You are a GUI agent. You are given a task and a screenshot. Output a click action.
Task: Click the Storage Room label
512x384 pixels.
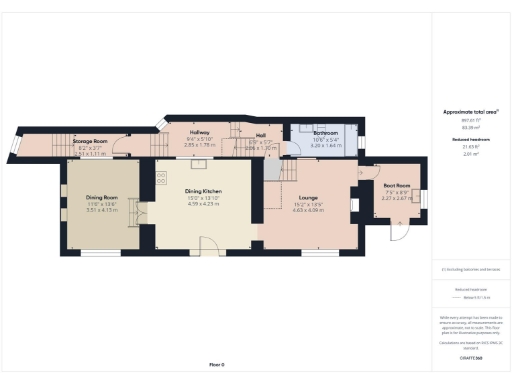89,143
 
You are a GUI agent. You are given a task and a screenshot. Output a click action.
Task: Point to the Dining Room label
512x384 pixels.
103,198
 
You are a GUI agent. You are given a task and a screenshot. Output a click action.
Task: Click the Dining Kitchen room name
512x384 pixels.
209,192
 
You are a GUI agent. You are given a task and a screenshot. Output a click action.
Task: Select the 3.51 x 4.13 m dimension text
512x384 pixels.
103,210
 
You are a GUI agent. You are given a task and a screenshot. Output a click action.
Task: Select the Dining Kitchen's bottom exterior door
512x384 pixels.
207,246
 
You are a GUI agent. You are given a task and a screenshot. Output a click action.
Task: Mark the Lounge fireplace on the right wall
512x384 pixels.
354,206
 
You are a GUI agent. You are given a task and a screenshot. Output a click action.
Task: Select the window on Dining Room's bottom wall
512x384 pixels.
100,253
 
